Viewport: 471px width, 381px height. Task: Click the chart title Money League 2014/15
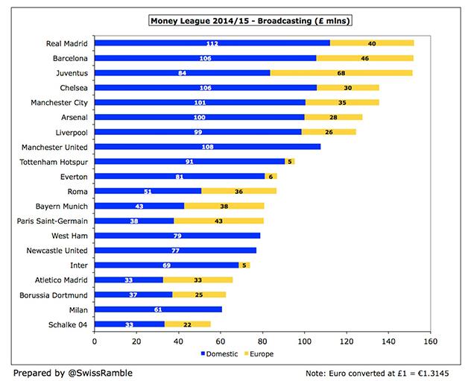(253, 20)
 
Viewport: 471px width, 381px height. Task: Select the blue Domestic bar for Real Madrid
(212, 43)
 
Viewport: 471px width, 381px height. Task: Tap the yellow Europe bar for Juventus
(341, 72)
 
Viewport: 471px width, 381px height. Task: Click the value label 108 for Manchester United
(208, 146)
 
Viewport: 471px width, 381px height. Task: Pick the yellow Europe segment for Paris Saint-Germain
(218, 220)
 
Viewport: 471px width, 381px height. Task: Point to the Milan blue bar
(158, 309)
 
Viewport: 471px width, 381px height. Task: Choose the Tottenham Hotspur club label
(52, 161)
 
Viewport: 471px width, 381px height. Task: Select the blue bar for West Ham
(177, 235)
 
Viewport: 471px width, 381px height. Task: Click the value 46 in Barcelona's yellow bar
(364, 57)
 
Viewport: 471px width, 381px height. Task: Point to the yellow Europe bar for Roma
(239, 191)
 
